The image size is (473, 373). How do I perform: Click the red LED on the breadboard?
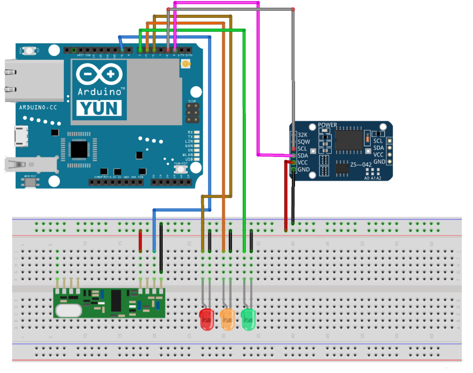tap(206, 319)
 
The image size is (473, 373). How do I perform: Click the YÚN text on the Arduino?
tap(99, 108)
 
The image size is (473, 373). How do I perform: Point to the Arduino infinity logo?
tap(99, 74)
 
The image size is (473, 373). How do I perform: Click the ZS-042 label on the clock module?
tap(360, 164)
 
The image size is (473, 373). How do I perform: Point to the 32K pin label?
tap(303, 134)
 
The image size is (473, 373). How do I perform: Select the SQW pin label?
tap(304, 142)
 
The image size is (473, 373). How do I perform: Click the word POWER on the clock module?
tap(327, 125)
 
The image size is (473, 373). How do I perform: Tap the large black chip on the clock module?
tap(349, 140)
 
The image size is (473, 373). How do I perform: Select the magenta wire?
tap(258, 89)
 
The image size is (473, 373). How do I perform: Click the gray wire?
tap(293, 67)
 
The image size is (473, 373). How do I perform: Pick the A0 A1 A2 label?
tap(373, 178)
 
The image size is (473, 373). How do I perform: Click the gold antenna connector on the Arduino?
tap(184, 65)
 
